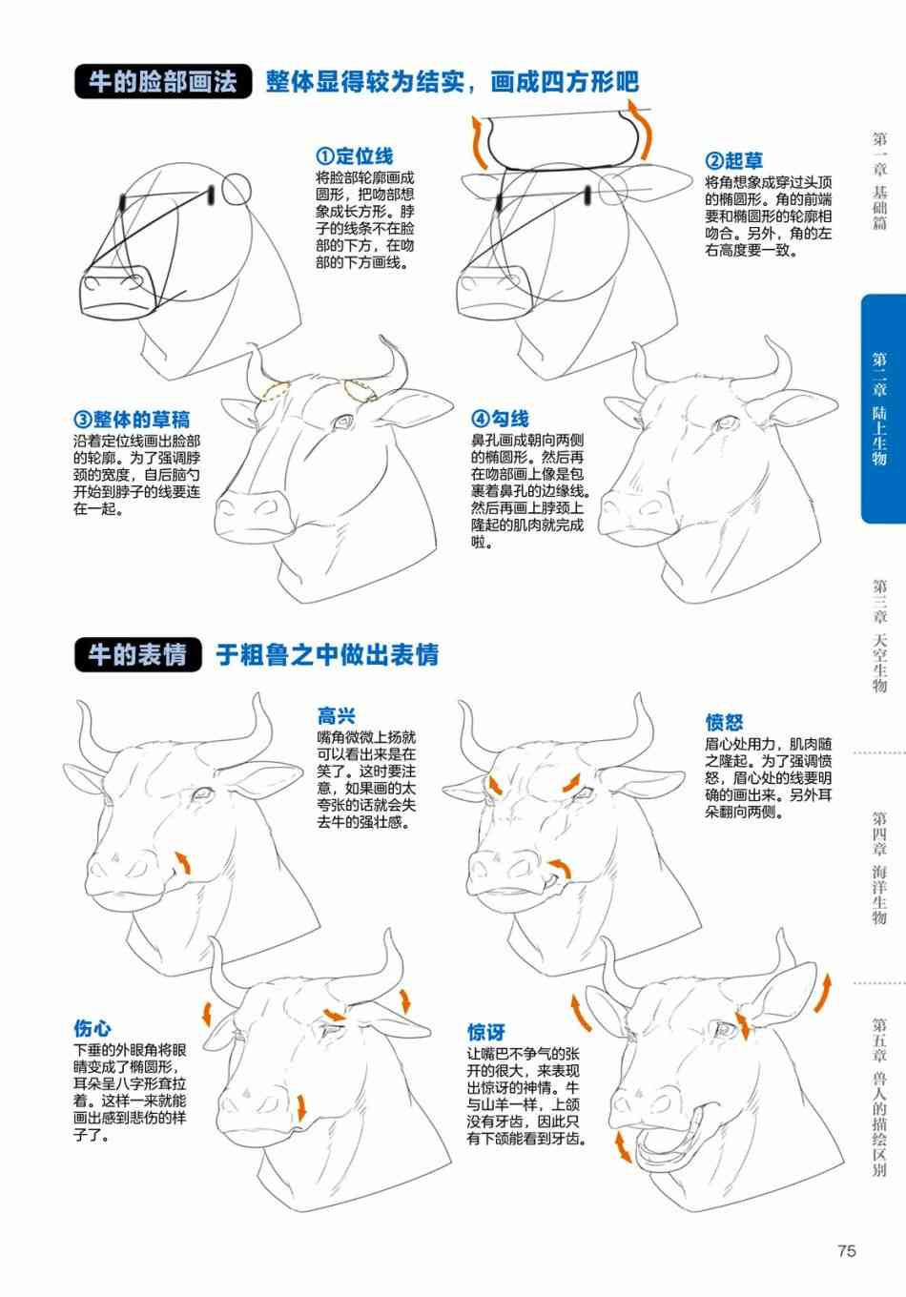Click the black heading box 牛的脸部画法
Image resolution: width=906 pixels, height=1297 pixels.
[163, 81]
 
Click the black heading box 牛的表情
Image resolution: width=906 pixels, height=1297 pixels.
[137, 654]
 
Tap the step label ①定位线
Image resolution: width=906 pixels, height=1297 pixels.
[355, 155]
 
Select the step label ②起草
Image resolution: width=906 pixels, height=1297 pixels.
[733, 160]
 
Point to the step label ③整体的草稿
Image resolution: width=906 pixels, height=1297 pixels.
[132, 419]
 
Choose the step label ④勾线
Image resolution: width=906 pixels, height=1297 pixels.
[500, 418]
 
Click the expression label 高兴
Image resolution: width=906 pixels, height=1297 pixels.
[337, 715]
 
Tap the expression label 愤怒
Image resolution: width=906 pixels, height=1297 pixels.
[724, 722]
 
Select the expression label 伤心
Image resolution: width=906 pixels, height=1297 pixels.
[93, 1028]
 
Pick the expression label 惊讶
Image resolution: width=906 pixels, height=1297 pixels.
[486, 1033]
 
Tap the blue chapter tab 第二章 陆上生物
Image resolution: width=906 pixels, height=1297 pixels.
[883, 409]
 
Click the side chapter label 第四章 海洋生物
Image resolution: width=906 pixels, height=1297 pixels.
[879, 868]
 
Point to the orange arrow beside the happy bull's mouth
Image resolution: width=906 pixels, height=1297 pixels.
[183, 863]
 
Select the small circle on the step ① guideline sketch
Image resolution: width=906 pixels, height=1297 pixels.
[237, 190]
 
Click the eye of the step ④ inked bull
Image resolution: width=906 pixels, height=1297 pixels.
[726, 422]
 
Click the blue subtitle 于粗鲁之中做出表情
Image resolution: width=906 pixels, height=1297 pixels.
[327, 654]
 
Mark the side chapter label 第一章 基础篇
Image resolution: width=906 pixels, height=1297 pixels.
[879, 180]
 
